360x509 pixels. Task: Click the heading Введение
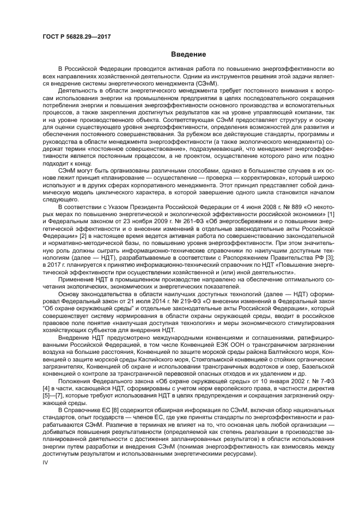[188, 54]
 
